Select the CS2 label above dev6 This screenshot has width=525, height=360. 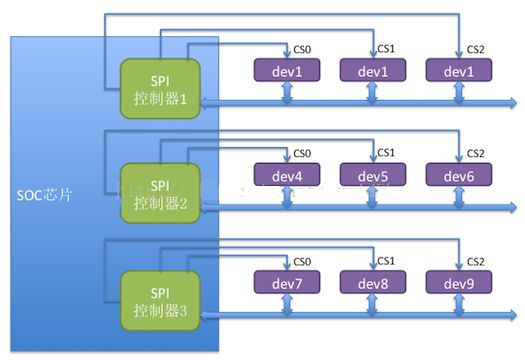coord(475,153)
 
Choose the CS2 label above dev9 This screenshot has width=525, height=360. coord(475,260)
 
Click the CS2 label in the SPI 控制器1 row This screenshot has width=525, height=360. coord(475,49)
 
